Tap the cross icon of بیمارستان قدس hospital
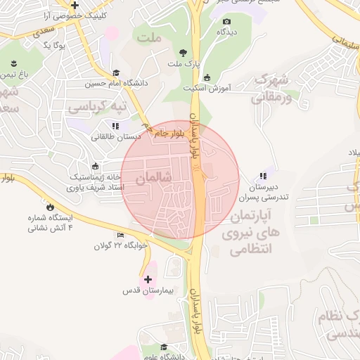pyautogui.click(x=148, y=279)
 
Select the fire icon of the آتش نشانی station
pyautogui.click(x=50, y=206)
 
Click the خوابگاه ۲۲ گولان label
pyautogui.click(x=123, y=245)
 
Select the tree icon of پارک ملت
pyautogui.click(x=184, y=53)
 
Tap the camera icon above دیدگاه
pyautogui.click(x=226, y=22)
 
